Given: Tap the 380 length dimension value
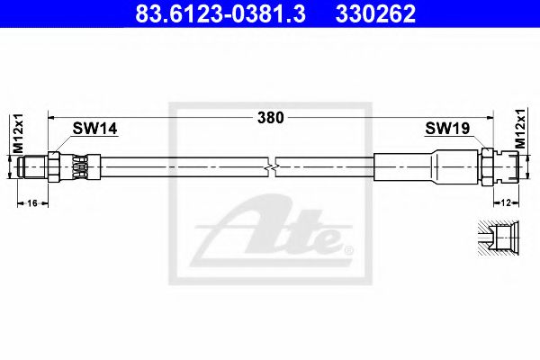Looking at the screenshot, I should click(x=270, y=117).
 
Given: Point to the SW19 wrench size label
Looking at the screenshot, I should click(x=447, y=130).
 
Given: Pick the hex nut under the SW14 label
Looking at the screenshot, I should click(x=55, y=168).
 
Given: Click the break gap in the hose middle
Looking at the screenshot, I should click(x=273, y=168).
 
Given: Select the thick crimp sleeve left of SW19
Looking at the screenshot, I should click(x=405, y=168).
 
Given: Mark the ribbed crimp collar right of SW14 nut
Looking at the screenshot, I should click(x=78, y=168).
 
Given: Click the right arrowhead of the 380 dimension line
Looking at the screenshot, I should click(x=491, y=117).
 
